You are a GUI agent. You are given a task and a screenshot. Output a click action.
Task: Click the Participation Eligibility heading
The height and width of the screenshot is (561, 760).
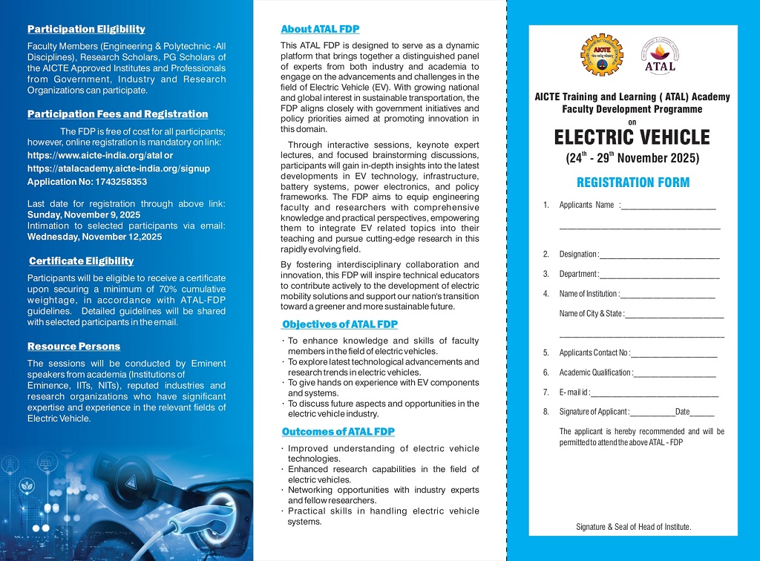86,30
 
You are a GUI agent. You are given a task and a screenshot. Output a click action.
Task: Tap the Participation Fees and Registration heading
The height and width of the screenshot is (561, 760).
117,114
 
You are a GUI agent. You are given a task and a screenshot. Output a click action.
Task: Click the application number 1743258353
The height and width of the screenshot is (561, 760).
114,182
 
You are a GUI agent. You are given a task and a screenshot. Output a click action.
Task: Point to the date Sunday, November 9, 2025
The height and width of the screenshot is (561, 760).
83,214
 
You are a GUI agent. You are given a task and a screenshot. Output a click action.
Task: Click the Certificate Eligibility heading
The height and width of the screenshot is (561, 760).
81,261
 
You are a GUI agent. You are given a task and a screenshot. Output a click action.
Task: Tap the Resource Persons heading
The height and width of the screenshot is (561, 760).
73,347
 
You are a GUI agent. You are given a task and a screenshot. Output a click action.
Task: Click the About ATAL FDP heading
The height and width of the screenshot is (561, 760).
320,30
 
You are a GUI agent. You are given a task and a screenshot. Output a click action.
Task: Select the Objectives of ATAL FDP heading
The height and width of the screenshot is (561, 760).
340,324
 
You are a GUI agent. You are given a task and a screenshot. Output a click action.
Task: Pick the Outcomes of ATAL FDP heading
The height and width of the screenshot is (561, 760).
338,432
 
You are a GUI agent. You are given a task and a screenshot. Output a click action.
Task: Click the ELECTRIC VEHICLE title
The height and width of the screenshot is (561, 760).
632,138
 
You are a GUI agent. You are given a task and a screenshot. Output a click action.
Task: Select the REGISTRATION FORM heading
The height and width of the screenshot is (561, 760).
633,183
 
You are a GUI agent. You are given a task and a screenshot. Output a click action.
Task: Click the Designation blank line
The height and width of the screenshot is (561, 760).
659,256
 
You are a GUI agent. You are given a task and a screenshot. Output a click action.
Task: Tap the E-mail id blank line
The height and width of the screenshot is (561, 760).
655,394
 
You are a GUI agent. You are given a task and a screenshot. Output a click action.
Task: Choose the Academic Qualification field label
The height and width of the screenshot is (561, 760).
595,373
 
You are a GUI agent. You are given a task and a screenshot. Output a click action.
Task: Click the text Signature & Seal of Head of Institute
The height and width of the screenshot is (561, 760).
633,527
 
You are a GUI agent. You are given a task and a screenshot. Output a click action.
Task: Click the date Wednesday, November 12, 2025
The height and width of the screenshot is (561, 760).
94,237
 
